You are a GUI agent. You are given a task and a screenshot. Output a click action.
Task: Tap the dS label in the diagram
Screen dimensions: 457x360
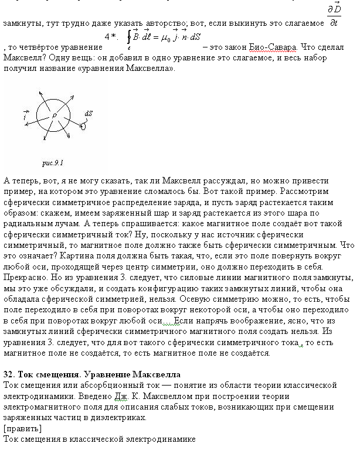(89, 113)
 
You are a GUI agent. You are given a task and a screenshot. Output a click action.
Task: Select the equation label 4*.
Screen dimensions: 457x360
(111, 37)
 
